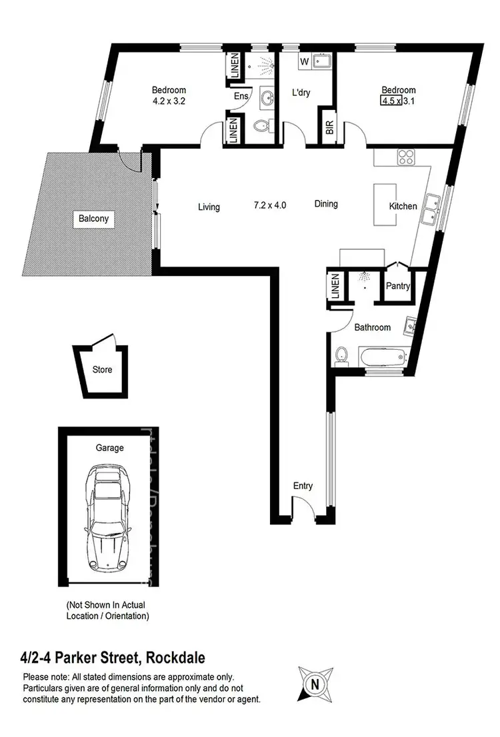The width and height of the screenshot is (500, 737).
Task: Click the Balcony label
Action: (x=92, y=219)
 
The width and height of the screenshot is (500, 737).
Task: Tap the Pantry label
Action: (x=398, y=287)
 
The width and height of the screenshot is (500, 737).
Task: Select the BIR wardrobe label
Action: (x=329, y=129)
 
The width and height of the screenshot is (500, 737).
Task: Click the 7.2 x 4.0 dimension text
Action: (x=270, y=205)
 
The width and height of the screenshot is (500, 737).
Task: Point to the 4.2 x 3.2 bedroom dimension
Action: (x=168, y=103)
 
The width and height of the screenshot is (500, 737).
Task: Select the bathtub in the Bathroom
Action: (x=383, y=356)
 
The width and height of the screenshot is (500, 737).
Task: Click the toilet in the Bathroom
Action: (x=342, y=356)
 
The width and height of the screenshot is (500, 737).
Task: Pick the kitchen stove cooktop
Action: (x=406, y=158)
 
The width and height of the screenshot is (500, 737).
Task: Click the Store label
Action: (x=102, y=369)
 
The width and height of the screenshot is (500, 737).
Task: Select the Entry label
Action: (x=303, y=486)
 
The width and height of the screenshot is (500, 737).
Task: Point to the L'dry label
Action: (x=303, y=94)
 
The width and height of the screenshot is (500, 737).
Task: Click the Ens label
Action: (x=241, y=96)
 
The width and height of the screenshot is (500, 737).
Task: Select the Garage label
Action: (x=109, y=448)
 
